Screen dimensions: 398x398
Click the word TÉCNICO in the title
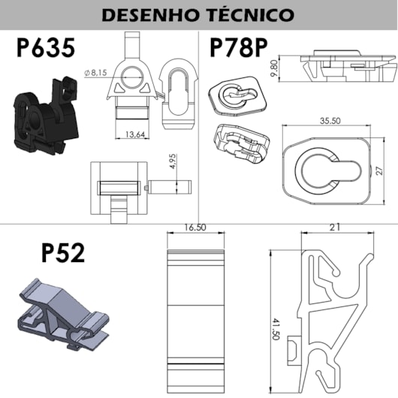[250, 14]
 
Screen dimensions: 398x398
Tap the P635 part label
[46, 47]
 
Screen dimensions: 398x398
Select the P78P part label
[239, 47]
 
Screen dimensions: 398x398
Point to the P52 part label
[63, 252]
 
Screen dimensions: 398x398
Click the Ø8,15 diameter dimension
[95, 73]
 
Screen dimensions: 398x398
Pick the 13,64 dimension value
[135, 134]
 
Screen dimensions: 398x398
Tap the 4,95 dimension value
[173, 161]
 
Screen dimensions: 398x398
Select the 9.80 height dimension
[274, 68]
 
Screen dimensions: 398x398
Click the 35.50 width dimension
[330, 121]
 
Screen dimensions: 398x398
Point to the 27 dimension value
[379, 170]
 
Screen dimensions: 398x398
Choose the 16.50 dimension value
[195, 228]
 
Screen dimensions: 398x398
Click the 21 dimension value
[335, 227]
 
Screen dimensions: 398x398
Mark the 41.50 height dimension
[276, 329]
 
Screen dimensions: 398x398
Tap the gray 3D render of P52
[64, 315]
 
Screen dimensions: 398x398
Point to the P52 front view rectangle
[196, 321]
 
